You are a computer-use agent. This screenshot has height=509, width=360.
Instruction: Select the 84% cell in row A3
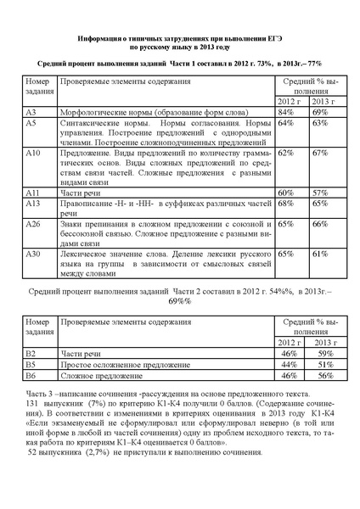[285, 112]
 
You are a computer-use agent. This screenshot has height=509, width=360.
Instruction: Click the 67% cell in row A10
[319, 153]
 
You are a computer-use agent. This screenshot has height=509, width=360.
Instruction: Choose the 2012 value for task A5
[285, 123]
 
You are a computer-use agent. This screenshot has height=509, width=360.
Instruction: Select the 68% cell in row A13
[285, 204]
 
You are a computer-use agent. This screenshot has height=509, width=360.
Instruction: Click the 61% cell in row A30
[319, 254]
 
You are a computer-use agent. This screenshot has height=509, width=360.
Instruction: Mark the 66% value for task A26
[319, 224]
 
